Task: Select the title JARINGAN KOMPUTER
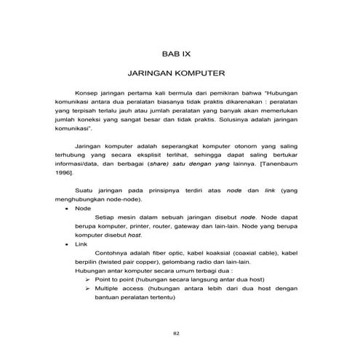177,74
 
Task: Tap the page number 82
177,334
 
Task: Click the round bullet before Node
67,207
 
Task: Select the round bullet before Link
67,246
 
